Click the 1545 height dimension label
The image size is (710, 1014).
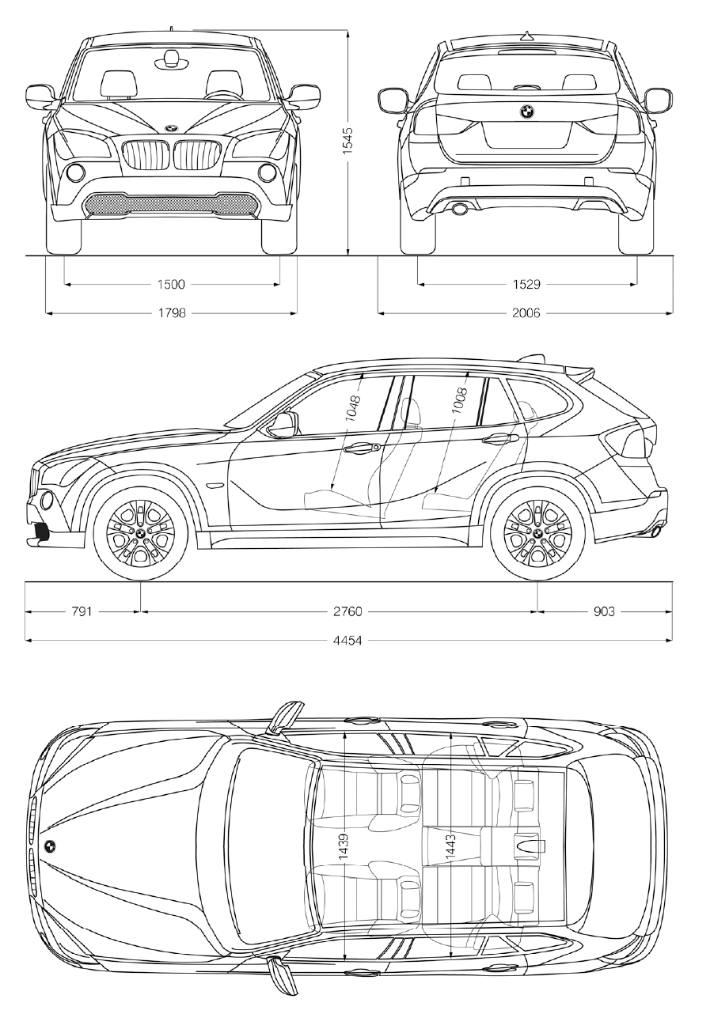(347, 140)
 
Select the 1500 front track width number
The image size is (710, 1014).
(171, 284)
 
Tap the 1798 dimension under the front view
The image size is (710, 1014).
(171, 313)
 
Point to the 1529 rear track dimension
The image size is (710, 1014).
(526, 284)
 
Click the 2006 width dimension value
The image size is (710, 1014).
(526, 313)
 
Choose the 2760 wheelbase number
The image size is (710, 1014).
(347, 611)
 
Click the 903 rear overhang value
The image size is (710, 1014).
(602, 611)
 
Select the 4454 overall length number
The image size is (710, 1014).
(347, 640)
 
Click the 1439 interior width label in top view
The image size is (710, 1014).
(344, 846)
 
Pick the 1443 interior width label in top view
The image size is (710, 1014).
(450, 846)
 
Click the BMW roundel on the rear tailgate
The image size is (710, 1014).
(526, 112)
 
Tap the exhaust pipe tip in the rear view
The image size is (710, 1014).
(458, 209)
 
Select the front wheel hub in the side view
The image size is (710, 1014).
(140, 534)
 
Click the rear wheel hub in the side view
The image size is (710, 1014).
(537, 534)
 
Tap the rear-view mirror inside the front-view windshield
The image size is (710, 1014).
(171, 57)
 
